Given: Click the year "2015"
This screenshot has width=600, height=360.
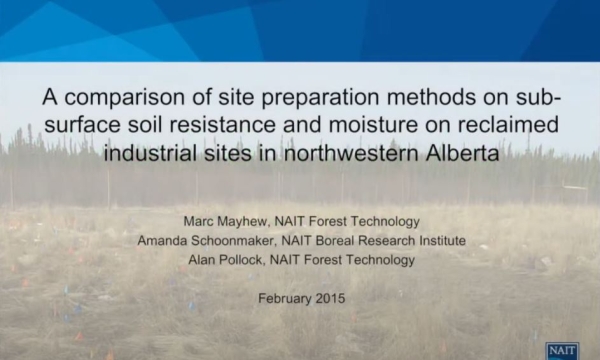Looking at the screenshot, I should (326, 298).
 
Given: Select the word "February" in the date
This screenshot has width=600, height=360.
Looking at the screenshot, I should (283, 298).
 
